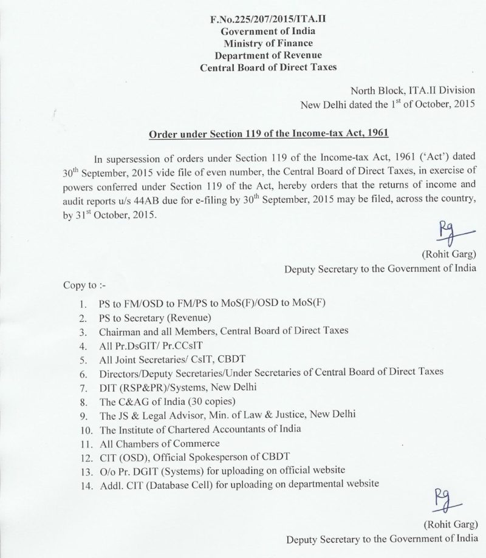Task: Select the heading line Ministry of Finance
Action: [267, 43]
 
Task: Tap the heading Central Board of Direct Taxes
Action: [267, 67]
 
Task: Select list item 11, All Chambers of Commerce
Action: [151, 443]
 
